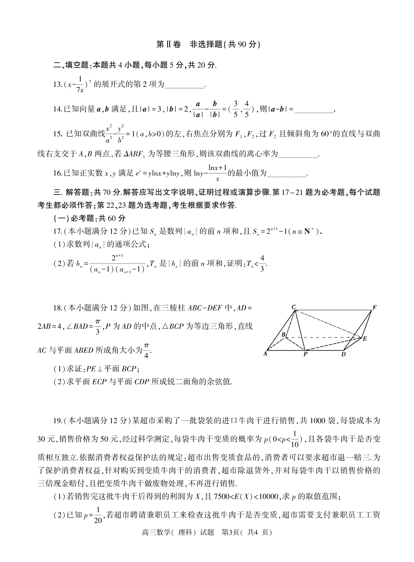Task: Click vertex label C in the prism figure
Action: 293,307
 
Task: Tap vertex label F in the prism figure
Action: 374,307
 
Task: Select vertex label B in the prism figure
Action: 283,334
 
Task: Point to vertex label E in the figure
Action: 365,339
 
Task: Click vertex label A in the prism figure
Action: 265,354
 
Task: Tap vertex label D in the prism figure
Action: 343,354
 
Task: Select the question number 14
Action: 57,109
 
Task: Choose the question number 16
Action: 57,173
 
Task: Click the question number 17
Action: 57,231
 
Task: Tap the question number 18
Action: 57,307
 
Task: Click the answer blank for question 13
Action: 185,86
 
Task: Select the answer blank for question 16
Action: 287,174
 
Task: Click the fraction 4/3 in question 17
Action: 262,263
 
